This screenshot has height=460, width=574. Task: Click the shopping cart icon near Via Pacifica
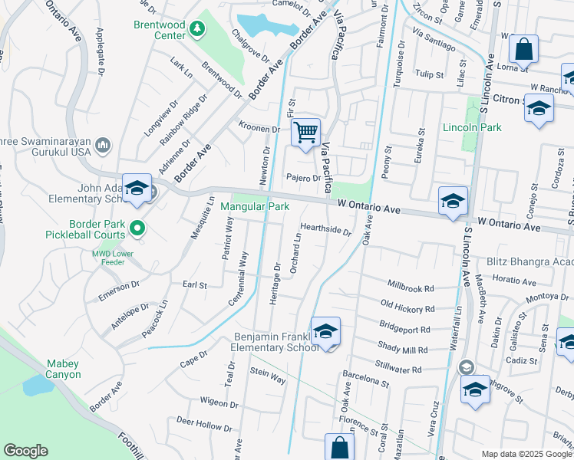(x=306, y=134)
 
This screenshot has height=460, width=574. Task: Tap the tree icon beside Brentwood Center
(x=198, y=29)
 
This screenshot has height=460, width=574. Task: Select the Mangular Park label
(x=255, y=206)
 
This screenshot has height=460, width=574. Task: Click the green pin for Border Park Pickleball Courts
(x=137, y=227)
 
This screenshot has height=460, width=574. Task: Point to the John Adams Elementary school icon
(x=137, y=188)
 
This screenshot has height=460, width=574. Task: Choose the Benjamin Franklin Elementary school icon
(x=325, y=331)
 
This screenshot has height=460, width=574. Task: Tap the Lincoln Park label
(x=472, y=127)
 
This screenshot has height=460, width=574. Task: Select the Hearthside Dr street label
(x=325, y=228)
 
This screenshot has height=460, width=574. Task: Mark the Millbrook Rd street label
(x=411, y=287)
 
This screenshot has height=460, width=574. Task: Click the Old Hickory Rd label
(x=407, y=308)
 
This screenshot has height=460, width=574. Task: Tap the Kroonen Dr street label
(x=259, y=128)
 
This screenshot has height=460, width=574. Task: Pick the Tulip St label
(x=429, y=74)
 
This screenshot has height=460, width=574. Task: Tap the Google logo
(x=25, y=451)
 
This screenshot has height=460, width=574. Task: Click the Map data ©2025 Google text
(x=526, y=454)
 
